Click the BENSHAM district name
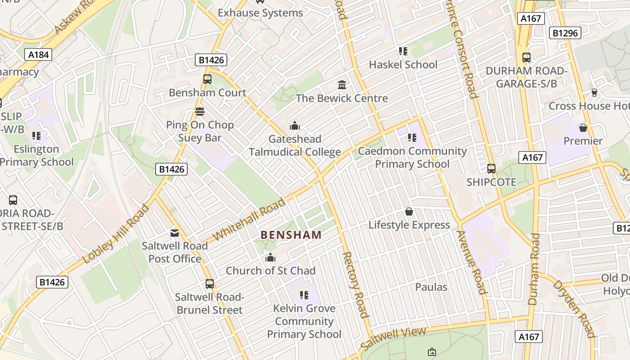pos(291,235)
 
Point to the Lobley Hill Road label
pos(116,234)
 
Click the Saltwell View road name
pos(393,339)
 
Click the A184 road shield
pos(38,55)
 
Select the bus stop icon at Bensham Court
pos(207,79)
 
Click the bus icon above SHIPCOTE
pos(491,169)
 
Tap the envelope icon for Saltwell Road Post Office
pos(174,233)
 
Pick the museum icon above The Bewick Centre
pos(342,85)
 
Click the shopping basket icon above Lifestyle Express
pos(409,211)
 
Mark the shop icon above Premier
pos(583,128)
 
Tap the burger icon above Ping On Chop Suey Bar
pos(200,111)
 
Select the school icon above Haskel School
pos(403,51)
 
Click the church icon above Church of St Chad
pos(270,257)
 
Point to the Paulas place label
pos(431,287)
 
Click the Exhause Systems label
pos(261,13)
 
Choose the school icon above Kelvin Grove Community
pos(304,295)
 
